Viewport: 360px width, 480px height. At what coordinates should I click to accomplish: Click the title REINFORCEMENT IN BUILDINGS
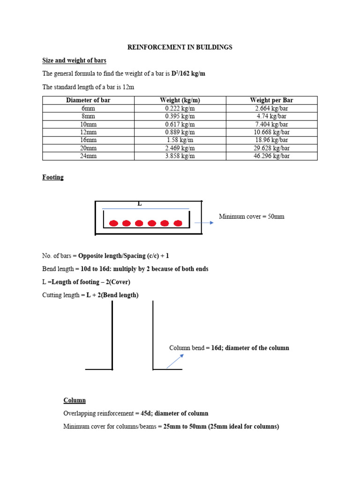180,47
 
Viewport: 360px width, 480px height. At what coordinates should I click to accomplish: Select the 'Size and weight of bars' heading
74,60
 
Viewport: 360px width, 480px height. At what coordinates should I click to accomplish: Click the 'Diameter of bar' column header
88,100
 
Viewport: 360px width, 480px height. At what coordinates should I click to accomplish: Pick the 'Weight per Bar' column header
271,100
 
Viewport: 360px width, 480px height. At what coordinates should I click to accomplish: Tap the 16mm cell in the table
88,140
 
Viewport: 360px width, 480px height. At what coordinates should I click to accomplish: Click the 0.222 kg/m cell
180,108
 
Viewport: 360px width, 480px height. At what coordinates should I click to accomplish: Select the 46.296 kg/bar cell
271,156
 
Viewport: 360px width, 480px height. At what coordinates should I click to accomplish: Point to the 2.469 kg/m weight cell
180,148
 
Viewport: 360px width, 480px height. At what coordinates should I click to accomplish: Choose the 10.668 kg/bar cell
271,132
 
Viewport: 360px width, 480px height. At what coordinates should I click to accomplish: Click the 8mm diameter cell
88,116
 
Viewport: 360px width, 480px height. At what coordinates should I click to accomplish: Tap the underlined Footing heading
53,178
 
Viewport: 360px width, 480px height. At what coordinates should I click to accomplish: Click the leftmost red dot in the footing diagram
113,223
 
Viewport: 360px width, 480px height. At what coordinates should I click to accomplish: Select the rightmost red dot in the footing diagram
178,223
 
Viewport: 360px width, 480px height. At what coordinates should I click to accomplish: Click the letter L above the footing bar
139,204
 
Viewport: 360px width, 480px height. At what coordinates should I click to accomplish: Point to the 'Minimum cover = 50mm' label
251,217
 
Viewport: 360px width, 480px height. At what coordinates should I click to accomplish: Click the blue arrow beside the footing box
204,223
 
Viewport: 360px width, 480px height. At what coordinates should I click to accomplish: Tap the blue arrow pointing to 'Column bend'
175,361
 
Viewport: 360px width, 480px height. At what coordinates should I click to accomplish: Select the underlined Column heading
75,400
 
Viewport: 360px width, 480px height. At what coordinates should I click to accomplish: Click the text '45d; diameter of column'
174,413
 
